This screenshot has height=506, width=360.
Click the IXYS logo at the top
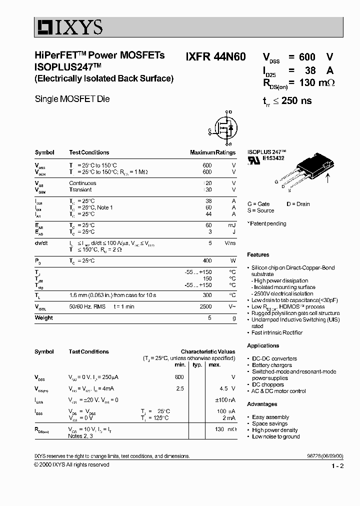point(68,26)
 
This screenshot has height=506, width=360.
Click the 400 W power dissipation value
point(207,260)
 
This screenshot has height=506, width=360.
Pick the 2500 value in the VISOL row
point(205,306)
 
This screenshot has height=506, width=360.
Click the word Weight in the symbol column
point(44,317)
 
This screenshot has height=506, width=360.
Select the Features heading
point(258,255)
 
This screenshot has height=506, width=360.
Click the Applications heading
point(263,345)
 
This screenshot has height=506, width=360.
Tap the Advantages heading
point(262,404)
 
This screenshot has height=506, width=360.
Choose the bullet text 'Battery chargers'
point(272,365)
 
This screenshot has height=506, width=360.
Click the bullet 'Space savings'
point(269,423)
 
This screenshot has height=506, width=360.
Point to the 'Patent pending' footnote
point(267,223)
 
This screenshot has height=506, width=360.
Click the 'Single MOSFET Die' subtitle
point(72,99)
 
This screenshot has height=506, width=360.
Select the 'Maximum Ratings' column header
point(212,152)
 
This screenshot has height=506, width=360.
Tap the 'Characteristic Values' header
point(207,351)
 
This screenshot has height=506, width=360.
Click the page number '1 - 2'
point(337,466)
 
